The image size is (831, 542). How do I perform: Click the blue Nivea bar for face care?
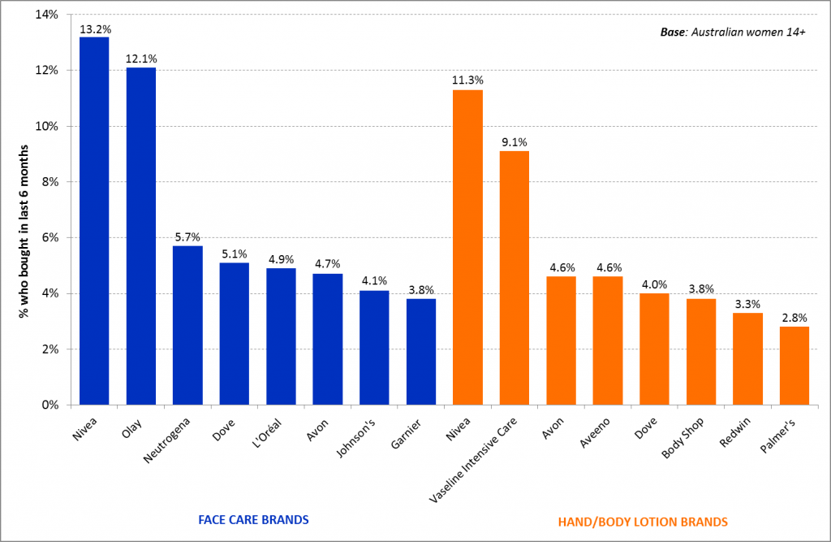94,221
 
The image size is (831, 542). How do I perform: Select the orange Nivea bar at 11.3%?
467,247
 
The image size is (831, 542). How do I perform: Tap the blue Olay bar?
140,236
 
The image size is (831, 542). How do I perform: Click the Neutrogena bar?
187,325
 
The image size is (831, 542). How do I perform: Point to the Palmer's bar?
794,366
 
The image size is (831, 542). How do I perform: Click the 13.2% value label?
94,28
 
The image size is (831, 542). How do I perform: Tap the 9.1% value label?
515,143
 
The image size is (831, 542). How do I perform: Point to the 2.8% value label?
794,318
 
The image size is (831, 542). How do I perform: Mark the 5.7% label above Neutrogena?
187,237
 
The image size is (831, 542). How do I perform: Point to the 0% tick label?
49,405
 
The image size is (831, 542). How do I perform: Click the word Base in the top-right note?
672,33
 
